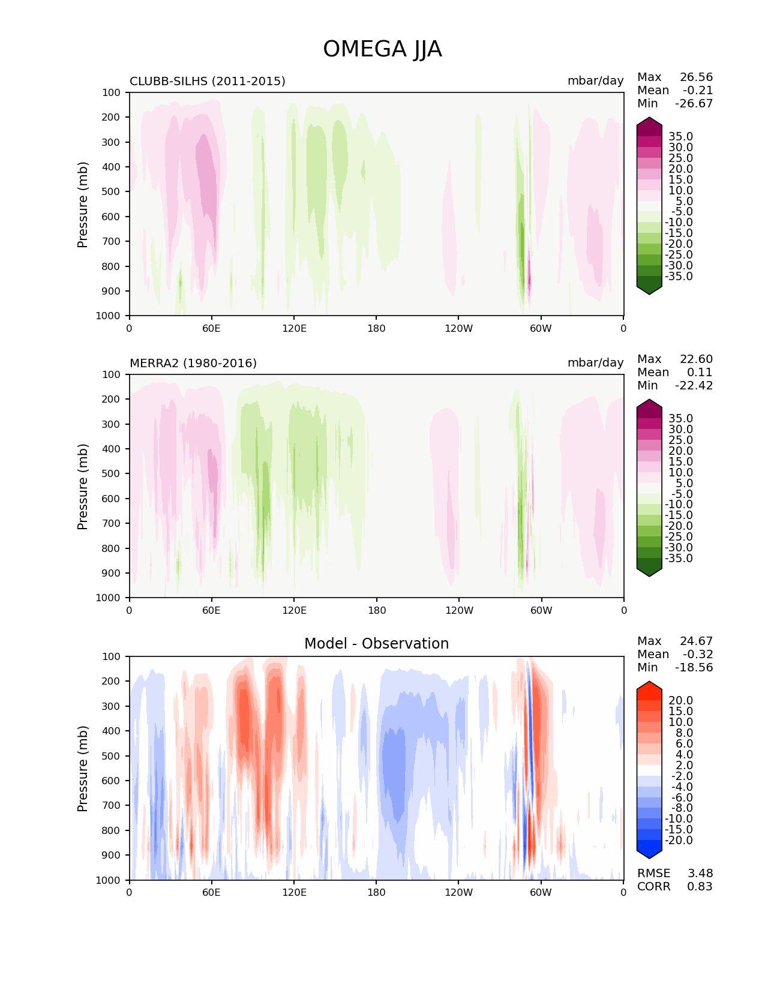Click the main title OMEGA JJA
pos(382,49)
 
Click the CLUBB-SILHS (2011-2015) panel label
pos(208,81)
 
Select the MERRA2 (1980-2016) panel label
pos(193,363)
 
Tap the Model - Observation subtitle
pos(376,644)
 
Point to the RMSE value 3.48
pos(700,873)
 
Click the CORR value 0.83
pos(700,886)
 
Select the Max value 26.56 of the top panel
pos(696,77)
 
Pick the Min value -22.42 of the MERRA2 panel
pos(694,386)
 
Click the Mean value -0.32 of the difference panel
pos(697,655)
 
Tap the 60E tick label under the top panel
pos(211,328)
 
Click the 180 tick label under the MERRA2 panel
pos(376,610)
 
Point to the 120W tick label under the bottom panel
pos(458,892)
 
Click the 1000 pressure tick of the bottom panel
pos(108,880)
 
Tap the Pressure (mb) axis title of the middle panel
pos(83,486)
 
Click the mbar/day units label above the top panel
pos(595,81)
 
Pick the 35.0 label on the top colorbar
pos(680,137)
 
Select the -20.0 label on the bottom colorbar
pos(679,840)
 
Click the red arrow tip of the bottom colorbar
pos(649,686)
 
